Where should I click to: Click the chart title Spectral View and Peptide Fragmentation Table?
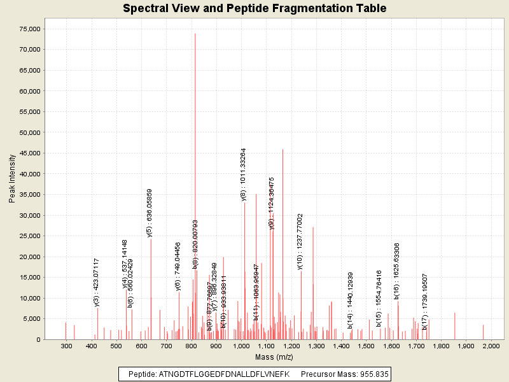(x=254, y=8)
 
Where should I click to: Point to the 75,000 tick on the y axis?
(x=29, y=29)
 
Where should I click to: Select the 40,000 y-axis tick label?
(x=29, y=174)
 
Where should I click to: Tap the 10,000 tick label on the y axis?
(x=29, y=298)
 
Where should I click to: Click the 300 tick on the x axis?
(x=66, y=346)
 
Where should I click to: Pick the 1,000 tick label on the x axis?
(x=241, y=346)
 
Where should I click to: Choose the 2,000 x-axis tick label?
(x=491, y=346)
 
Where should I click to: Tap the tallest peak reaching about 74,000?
(x=195, y=34)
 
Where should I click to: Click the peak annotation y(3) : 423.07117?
(x=97, y=282)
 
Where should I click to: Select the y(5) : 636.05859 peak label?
(x=150, y=213)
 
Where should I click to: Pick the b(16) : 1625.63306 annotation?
(x=397, y=271)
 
